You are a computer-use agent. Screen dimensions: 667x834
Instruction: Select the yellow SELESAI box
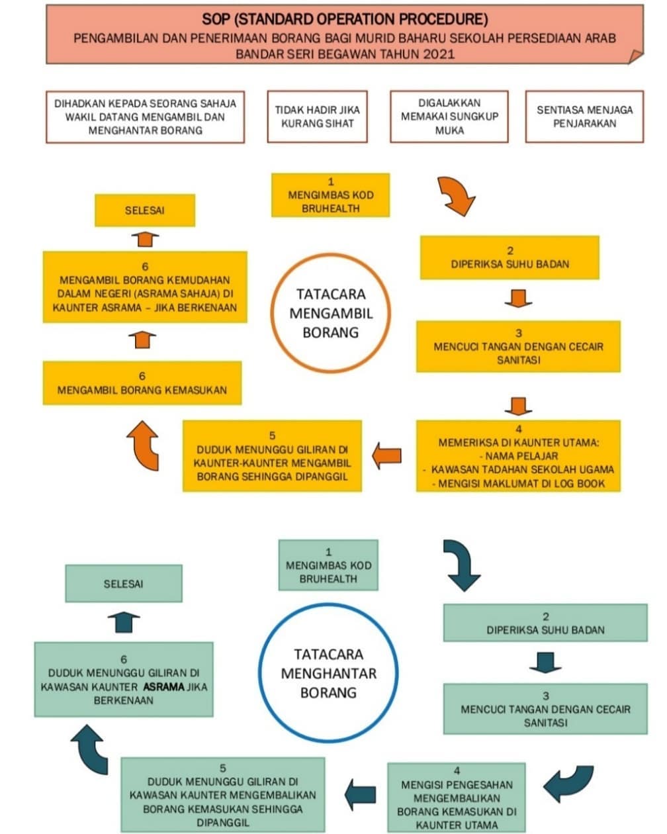[144, 210]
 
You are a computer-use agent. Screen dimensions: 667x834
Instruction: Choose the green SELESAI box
[123, 584]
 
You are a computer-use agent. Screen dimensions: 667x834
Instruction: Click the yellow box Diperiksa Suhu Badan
[510, 257]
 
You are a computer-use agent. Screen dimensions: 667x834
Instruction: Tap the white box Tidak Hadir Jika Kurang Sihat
[317, 116]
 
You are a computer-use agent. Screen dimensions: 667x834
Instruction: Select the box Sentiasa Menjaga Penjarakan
[584, 116]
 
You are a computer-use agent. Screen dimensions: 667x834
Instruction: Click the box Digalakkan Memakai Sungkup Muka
[449, 116]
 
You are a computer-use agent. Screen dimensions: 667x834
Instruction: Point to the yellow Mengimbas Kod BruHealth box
[330, 195]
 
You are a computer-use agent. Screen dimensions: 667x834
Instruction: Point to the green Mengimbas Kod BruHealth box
[328, 565]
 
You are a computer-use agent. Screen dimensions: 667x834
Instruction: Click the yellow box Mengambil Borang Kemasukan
[142, 383]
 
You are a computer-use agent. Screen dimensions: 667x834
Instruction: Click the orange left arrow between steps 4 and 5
[386, 455]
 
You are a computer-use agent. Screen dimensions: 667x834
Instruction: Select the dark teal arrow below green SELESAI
[124, 622]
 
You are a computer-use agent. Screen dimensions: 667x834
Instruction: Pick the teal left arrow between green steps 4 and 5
[361, 795]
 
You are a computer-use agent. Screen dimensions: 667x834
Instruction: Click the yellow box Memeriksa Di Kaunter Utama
[518, 456]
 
